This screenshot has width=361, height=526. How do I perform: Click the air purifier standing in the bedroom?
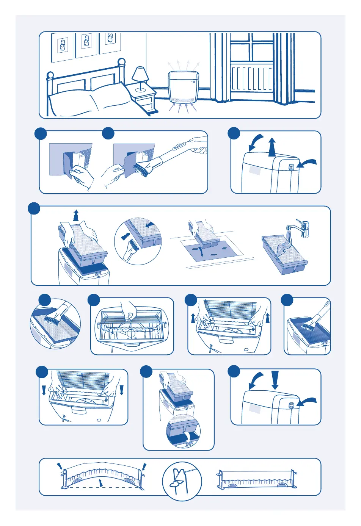pos(184,87)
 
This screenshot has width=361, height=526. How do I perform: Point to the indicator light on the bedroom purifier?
pos(193,81)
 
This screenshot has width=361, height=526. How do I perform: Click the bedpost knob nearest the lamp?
pos(121,62)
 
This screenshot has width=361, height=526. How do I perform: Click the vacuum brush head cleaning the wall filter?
pos(140,169)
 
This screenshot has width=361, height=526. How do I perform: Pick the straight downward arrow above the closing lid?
pos(275,379)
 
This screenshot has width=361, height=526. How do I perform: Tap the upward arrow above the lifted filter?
pos(76,215)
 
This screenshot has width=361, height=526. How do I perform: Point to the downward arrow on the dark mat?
pos(202,252)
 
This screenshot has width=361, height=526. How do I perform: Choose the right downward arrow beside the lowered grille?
pos(122,390)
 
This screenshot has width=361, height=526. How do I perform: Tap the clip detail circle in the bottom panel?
pos(182,481)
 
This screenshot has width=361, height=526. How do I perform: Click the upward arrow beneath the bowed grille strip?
pos(100,482)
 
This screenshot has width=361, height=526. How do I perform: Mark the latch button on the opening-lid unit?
pos(291,167)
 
